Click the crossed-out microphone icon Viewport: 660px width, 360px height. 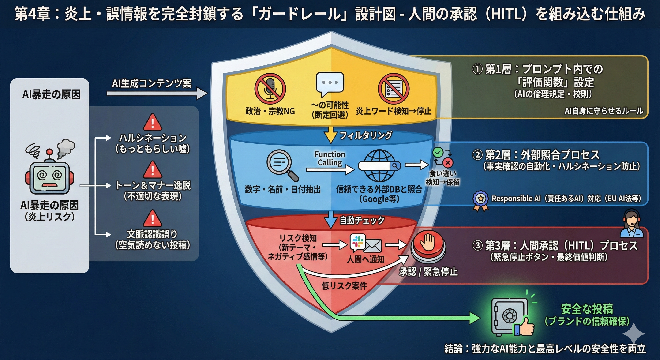click(270, 89)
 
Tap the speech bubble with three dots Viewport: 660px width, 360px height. click(330, 83)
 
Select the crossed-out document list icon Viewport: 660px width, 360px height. click(394, 89)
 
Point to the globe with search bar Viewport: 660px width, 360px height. click(379, 165)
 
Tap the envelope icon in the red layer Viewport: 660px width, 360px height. click(372, 246)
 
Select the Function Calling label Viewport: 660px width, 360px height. click(330, 158)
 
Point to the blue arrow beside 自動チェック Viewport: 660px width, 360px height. click(330, 219)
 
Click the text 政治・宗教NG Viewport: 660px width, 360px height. click(270, 111)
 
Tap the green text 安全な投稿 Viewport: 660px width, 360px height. click(587, 309)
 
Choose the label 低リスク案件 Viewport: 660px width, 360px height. click(344, 286)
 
